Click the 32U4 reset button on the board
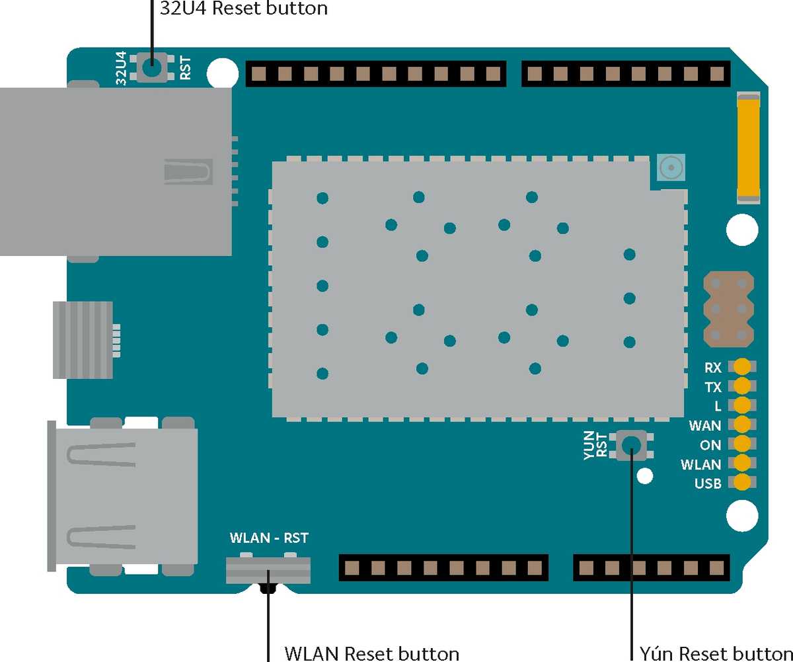click(x=153, y=67)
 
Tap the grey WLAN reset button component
click(x=268, y=569)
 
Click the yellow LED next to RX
click(x=743, y=366)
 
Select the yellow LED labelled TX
click(x=743, y=386)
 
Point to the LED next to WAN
click(x=743, y=425)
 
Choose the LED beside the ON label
click(x=743, y=444)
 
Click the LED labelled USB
click(x=743, y=483)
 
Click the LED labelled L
click(x=743, y=405)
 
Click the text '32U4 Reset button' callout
click(x=244, y=9)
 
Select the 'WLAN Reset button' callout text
click(x=371, y=653)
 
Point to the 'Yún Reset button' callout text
click(x=716, y=653)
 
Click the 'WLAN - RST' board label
click(x=268, y=537)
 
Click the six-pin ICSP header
click(x=728, y=309)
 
